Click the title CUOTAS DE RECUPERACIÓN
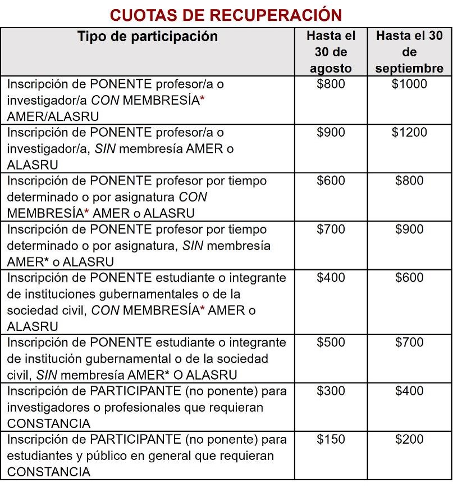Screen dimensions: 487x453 pos(226,15)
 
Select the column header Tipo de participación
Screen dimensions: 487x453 pos(148,37)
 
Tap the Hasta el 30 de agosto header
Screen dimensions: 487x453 pos(331,52)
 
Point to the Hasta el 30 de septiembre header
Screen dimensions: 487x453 pos(409,52)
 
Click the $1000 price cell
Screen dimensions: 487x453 pos(409,84)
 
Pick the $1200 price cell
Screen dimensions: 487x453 pos(409,133)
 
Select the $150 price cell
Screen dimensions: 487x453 pos(331,440)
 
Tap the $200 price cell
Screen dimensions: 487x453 pos(409,440)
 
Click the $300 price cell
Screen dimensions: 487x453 pos(331,391)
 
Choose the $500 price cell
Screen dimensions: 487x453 pos(331,343)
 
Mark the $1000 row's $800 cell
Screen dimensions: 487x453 pos(331,84)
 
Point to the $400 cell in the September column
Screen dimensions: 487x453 pos(409,391)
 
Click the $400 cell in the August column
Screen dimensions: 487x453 pos(331,278)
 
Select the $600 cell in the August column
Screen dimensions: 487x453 pos(331,181)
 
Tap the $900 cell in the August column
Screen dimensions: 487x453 pos(331,133)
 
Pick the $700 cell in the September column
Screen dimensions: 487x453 pos(409,343)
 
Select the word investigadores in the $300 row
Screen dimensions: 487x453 pos(48,407)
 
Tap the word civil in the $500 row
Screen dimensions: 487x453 pos(19,375)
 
